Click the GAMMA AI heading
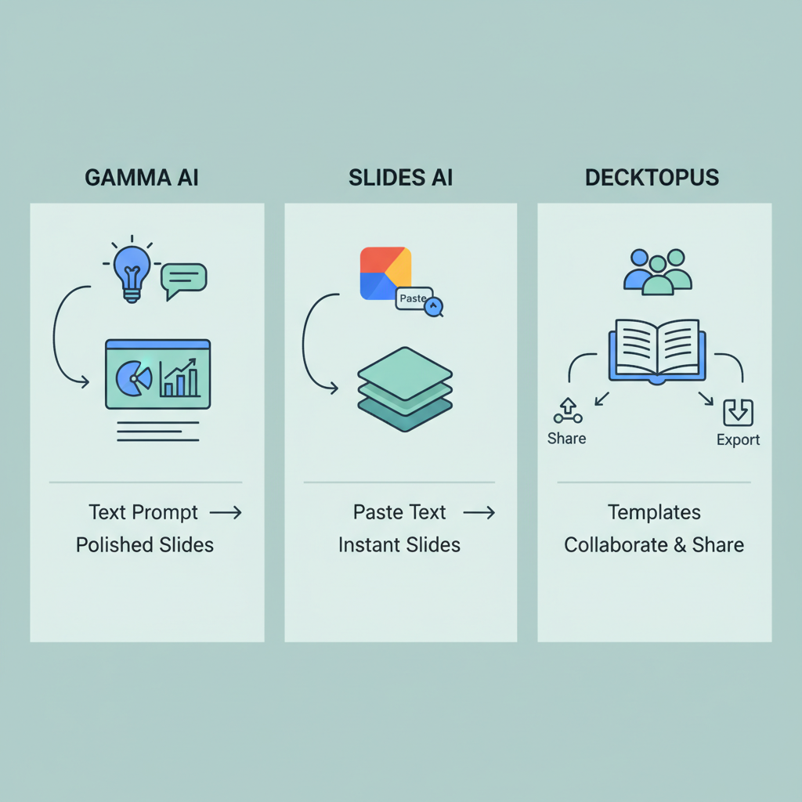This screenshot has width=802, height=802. click(141, 177)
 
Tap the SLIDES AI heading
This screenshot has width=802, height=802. click(400, 177)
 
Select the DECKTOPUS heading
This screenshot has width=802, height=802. click(652, 177)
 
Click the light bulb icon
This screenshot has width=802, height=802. click(132, 271)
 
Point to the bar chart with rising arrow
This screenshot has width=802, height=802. click(179, 378)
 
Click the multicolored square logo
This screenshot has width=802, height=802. click(385, 273)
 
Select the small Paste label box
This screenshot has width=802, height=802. click(413, 298)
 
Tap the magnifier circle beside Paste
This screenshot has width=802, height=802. click(433, 306)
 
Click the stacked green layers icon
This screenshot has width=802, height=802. click(404, 388)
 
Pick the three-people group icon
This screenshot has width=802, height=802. click(657, 272)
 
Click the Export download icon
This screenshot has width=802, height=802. click(738, 412)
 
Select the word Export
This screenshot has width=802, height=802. click(738, 439)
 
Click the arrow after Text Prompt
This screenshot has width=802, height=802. click(226, 513)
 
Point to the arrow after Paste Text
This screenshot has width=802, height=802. click(479, 513)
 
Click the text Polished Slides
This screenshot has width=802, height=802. click(145, 544)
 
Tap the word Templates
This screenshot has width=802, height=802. click(654, 512)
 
